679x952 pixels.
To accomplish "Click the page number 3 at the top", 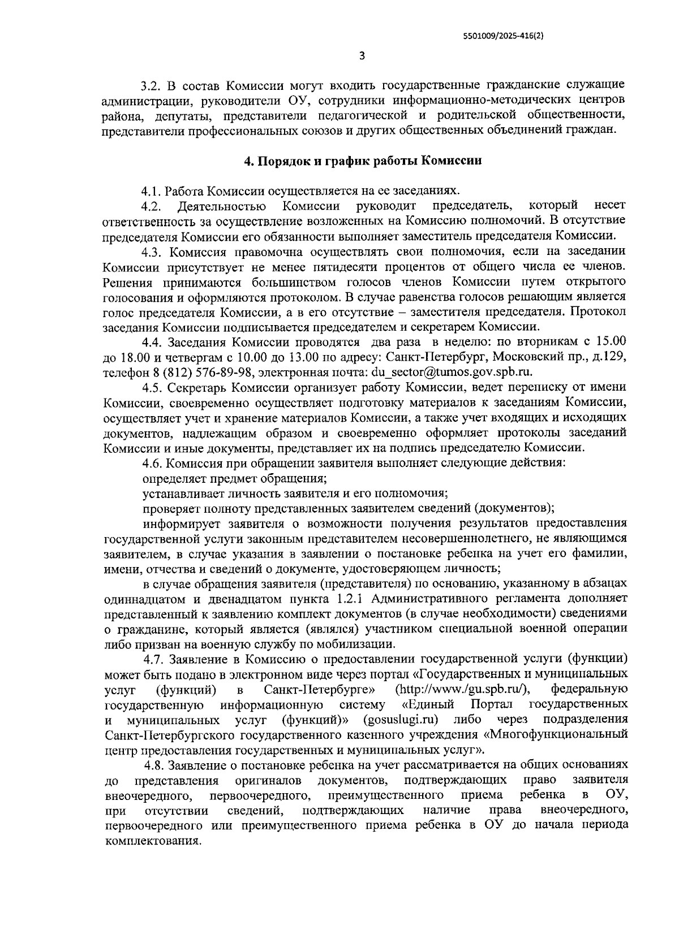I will coord(362,55).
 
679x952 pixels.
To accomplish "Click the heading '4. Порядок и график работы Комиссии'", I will coord(363,161).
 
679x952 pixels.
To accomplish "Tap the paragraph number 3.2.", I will coord(152,86).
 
